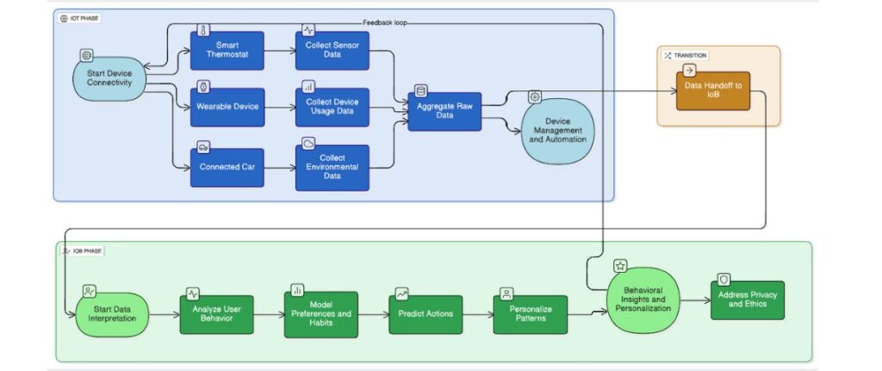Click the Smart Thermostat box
coord(227,51)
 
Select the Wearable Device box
coord(227,107)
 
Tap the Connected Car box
coord(227,167)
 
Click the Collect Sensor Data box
coord(332,51)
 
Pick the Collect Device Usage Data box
coord(332,108)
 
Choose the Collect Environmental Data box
coord(332,168)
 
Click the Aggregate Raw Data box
coord(444,109)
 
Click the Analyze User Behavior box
coord(217,314)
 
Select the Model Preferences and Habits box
coord(320,314)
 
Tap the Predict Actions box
coord(425,314)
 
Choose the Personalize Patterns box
coord(531,314)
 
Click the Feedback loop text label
coord(385,22)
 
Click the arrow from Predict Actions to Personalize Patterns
coord(476,315)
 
